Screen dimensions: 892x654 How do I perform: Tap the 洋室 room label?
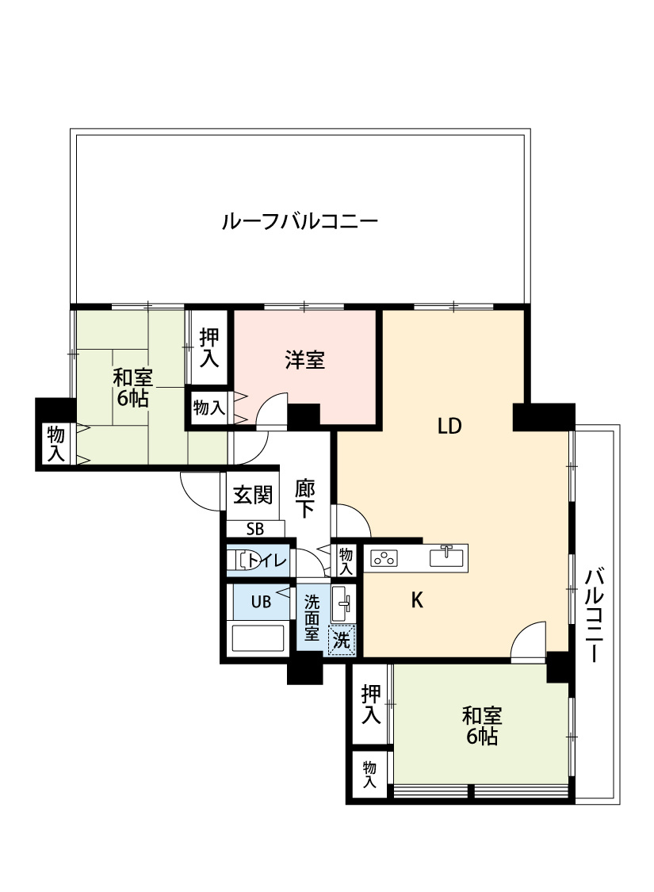click(x=304, y=359)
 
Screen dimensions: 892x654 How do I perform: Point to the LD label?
click(x=449, y=427)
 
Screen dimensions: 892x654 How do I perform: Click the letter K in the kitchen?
click(x=417, y=601)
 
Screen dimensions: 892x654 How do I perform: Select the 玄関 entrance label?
click(x=252, y=496)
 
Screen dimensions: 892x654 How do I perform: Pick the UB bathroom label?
click(x=261, y=602)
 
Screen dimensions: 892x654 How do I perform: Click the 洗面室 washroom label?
click(x=312, y=618)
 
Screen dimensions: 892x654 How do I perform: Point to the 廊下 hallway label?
click(x=305, y=498)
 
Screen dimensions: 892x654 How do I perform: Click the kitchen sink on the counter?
click(x=447, y=556)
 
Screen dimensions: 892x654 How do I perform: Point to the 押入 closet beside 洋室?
click(x=209, y=348)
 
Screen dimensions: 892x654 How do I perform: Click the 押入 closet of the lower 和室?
click(x=371, y=704)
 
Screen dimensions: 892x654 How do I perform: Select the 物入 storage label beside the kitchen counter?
click(x=346, y=561)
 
